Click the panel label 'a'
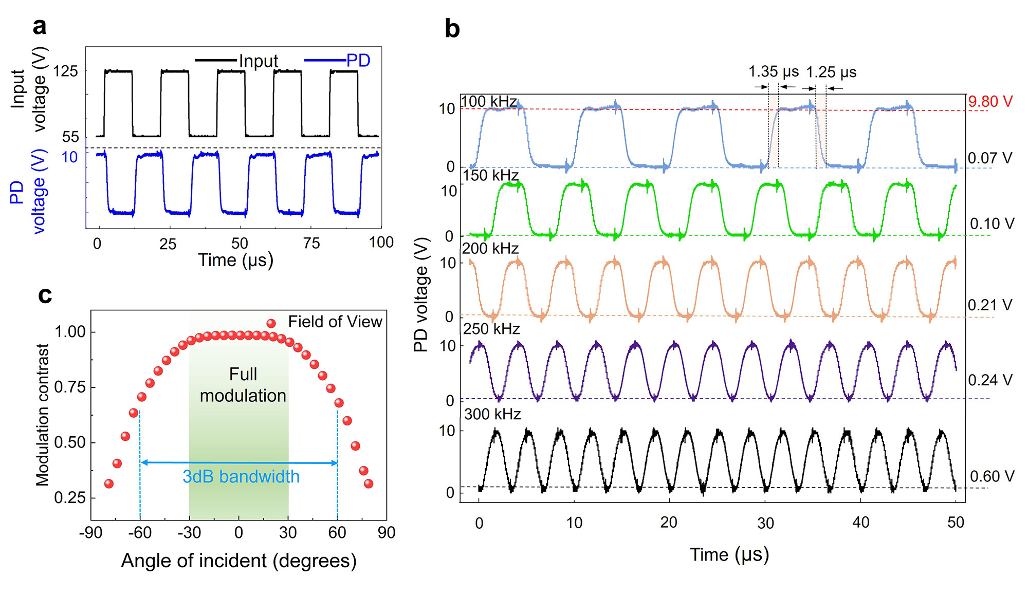(x=40, y=27)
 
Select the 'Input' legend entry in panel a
(x=258, y=61)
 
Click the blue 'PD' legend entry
(x=358, y=61)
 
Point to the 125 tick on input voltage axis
(x=66, y=71)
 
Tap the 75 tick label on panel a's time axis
(x=311, y=243)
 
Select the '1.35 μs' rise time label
(x=774, y=71)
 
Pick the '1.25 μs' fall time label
(x=831, y=72)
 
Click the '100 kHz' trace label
(x=489, y=101)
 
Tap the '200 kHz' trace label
(x=490, y=249)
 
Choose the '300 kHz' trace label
(x=492, y=414)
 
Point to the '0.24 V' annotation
(x=990, y=380)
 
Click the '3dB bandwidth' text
(x=241, y=477)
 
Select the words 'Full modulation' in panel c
(x=243, y=385)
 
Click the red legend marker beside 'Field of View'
(x=271, y=323)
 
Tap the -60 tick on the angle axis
(x=140, y=532)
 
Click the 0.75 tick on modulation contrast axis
(x=70, y=387)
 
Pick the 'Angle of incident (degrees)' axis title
(x=238, y=561)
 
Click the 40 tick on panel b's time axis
(x=860, y=523)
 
